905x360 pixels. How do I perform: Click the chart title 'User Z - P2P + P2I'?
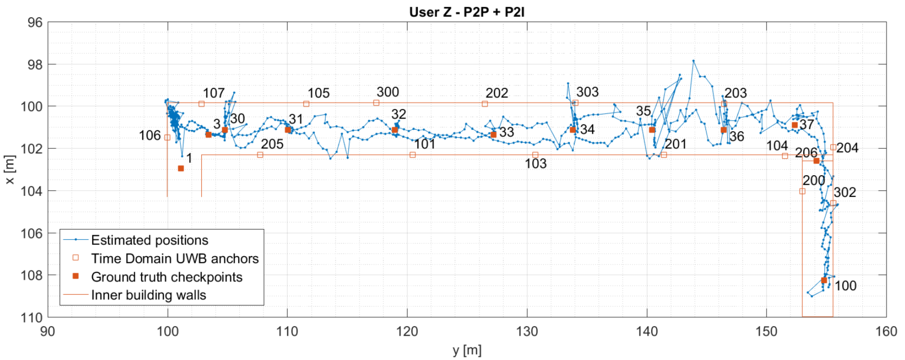coord(467,12)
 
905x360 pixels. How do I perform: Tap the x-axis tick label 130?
coord(527,331)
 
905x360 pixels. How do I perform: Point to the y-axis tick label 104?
coord(32,191)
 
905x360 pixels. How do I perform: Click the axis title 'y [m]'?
coord(467,350)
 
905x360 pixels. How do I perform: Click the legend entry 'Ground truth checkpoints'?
coord(167,277)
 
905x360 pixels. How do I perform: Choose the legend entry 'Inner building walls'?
coord(148,295)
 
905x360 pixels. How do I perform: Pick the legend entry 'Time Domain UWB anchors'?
coord(175,258)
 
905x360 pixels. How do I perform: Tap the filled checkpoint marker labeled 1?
coord(181,169)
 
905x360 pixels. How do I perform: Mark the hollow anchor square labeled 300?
coord(376,103)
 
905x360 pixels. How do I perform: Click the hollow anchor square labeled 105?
coord(306,104)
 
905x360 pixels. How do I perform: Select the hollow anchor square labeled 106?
coord(167,138)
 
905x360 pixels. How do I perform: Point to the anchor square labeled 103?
coord(535,155)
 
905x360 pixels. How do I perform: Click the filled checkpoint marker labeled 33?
coord(493,134)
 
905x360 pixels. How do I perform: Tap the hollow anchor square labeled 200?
coord(802,191)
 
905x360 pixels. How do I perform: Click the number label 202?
coord(497,93)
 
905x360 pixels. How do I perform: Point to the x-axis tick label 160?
coord(886,331)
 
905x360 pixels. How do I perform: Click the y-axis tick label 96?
coord(35,23)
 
